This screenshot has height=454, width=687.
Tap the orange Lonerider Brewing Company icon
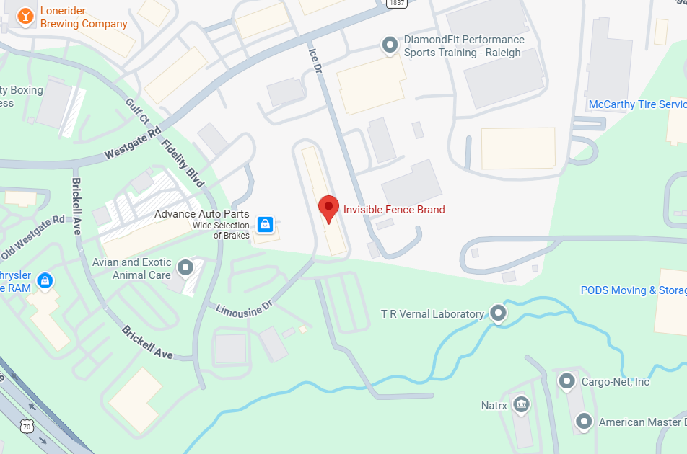click(x=25, y=16)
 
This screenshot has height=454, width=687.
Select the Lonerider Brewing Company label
click(x=83, y=17)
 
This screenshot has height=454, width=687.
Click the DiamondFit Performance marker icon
click(x=390, y=46)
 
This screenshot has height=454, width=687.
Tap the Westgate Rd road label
click(x=133, y=144)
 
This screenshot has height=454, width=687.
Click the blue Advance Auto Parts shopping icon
click(x=266, y=224)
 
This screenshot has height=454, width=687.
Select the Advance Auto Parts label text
click(x=202, y=214)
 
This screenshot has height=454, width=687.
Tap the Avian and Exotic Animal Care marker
click(x=185, y=268)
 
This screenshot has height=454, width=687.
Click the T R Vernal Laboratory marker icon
click(x=498, y=313)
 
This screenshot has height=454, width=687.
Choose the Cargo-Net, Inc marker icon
click(x=567, y=380)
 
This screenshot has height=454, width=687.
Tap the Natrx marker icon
click(x=520, y=405)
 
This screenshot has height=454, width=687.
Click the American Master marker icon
click(x=584, y=422)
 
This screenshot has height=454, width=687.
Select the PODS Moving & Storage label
click(x=633, y=290)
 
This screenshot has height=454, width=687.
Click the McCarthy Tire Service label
click(x=637, y=104)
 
